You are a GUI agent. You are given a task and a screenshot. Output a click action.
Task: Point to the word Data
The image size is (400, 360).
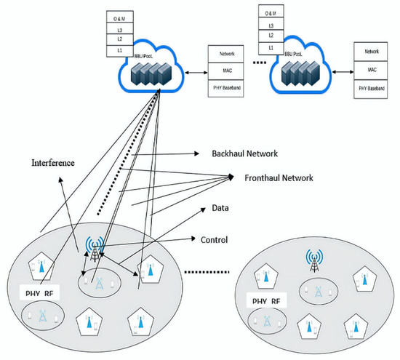pyautogui.click(x=220, y=208)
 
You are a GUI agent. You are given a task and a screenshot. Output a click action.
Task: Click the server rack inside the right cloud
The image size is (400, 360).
pyautogui.click(x=299, y=71)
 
